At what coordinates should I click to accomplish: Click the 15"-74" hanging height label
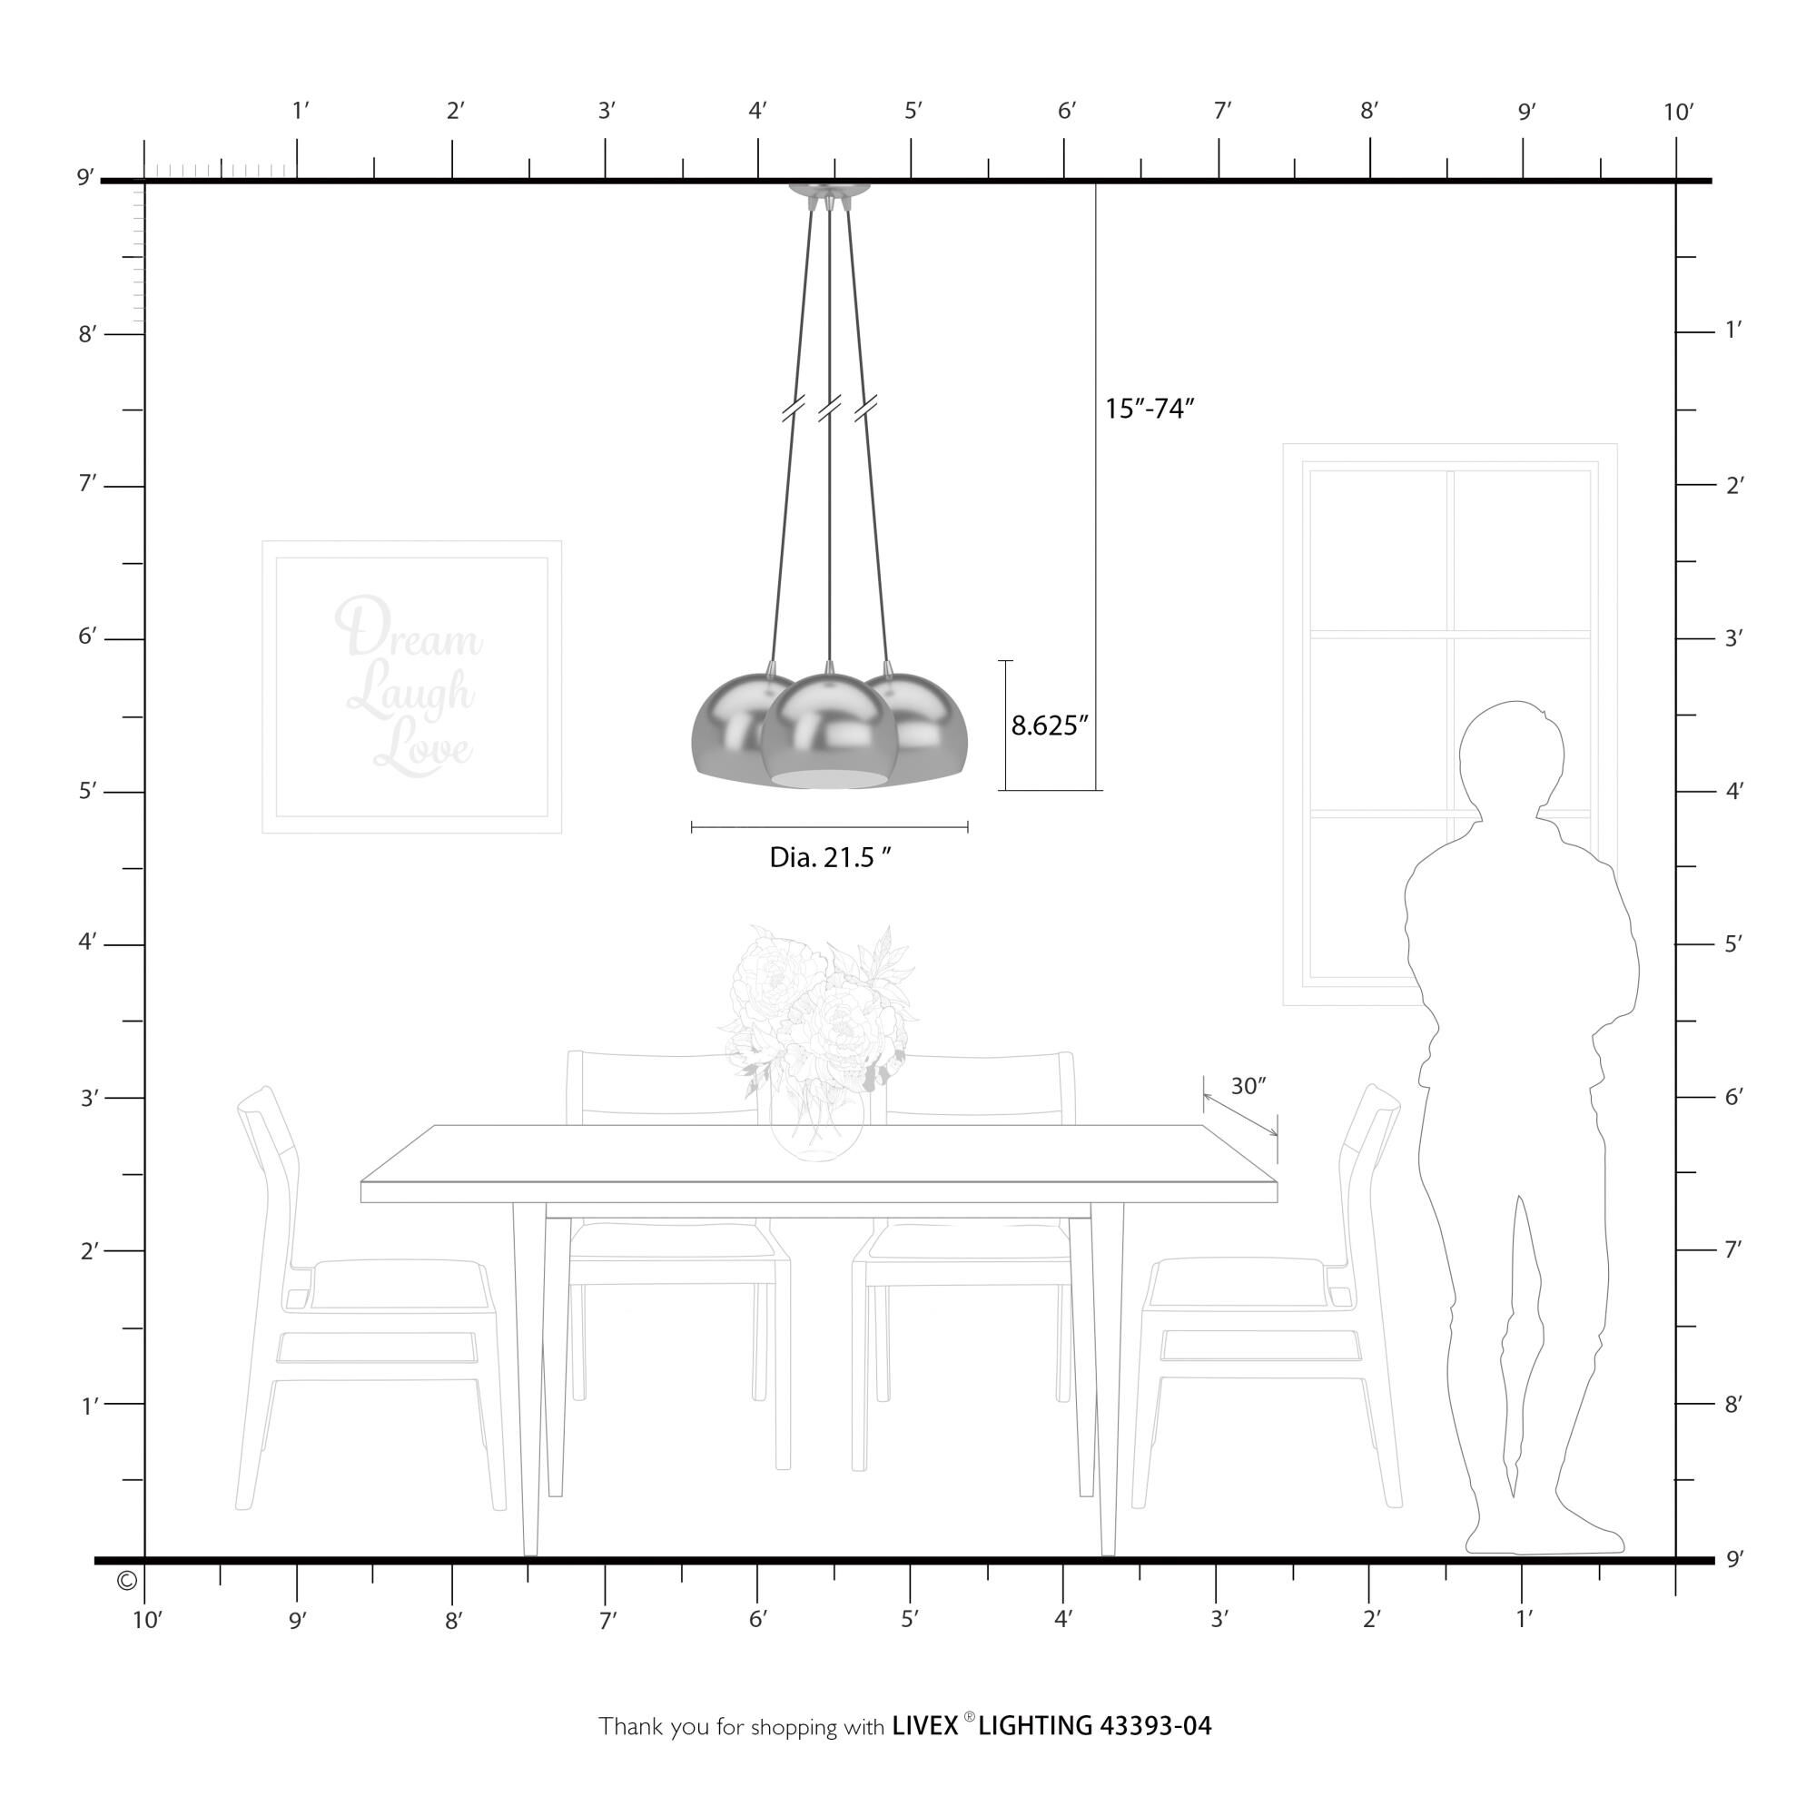coord(1149,409)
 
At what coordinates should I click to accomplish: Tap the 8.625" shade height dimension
coord(1049,725)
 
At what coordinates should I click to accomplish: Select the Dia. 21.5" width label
coord(830,857)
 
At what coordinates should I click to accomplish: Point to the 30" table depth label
coord(1248,1087)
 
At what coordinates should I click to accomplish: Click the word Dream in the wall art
coord(408,629)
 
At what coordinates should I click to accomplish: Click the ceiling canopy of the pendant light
coord(830,191)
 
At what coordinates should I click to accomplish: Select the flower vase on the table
coord(817,1123)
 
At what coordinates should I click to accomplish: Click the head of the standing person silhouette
coord(1513,757)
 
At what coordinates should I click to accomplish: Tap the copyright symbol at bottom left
coord(127,1580)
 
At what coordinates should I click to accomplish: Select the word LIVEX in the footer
coord(925,1726)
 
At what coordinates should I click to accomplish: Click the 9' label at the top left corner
coord(85,178)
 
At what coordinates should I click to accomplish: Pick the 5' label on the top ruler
coord(913,111)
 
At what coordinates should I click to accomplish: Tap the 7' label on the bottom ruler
coord(608,1620)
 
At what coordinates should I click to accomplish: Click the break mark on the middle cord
coord(829,408)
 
